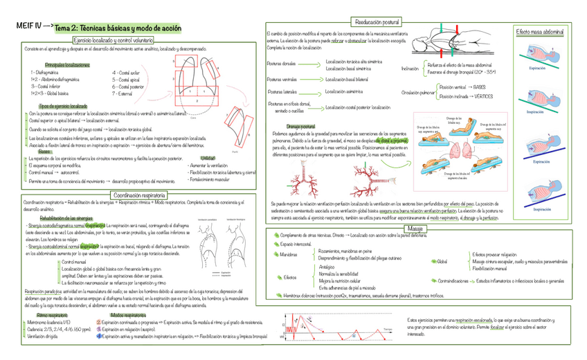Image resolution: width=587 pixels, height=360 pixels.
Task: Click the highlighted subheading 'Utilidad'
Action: pos(208,159)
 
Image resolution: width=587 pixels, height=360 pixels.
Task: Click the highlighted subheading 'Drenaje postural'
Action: pos(300,127)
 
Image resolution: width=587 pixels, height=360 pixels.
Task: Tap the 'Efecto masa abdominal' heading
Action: pos(539,33)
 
